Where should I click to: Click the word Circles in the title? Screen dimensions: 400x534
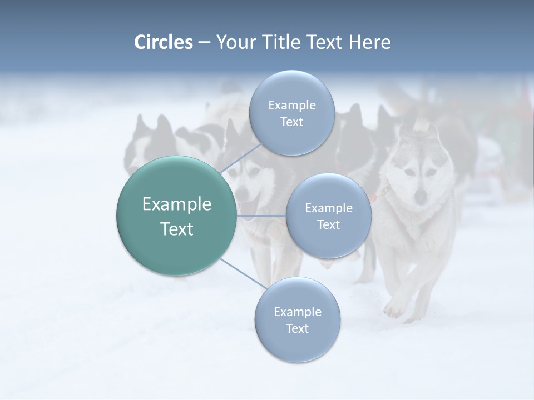pyautogui.click(x=164, y=42)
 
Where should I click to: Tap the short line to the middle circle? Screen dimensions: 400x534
pyautogui.click(x=261, y=216)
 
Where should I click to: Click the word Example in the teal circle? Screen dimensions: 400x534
pyautogui.click(x=177, y=204)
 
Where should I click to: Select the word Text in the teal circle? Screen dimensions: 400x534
pyautogui.click(x=177, y=229)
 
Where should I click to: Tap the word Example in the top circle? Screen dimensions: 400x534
pyautogui.click(x=291, y=106)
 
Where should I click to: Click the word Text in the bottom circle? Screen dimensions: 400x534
pyautogui.click(x=297, y=329)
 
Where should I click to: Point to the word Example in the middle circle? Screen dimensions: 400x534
pyautogui.click(x=328, y=208)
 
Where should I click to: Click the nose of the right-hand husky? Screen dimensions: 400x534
pyautogui.click(x=421, y=196)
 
